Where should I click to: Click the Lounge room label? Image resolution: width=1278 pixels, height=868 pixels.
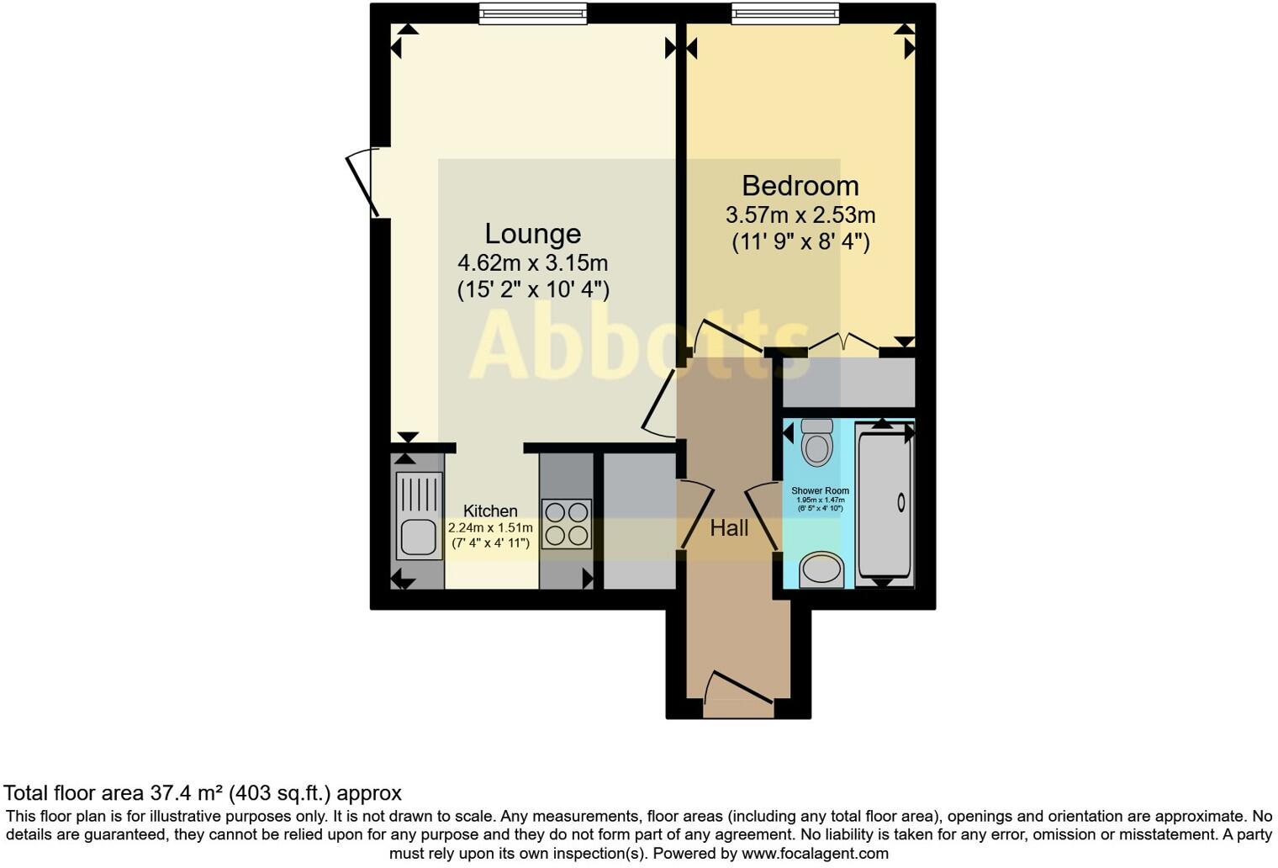pyautogui.click(x=532, y=234)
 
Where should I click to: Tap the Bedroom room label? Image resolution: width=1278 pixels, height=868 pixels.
pyautogui.click(x=800, y=186)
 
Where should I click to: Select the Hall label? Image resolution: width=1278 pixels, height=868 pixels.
pyautogui.click(x=729, y=528)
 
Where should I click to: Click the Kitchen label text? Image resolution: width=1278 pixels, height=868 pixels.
pyautogui.click(x=490, y=511)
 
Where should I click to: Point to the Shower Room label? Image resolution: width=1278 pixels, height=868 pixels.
pyautogui.click(x=820, y=490)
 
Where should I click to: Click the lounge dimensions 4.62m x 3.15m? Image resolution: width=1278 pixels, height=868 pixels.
pyautogui.click(x=532, y=262)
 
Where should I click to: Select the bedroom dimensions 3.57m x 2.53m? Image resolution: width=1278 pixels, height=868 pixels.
pyautogui.click(x=800, y=215)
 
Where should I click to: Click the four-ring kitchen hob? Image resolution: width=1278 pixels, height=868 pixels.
pyautogui.click(x=566, y=524)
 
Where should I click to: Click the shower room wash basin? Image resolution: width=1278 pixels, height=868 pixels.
pyautogui.click(x=821, y=570)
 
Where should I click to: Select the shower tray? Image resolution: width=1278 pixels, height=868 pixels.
pyautogui.click(x=884, y=503)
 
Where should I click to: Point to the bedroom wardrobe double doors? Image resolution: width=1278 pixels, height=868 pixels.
pyautogui.click(x=843, y=343)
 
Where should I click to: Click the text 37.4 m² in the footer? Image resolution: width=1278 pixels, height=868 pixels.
pyautogui.click(x=187, y=793)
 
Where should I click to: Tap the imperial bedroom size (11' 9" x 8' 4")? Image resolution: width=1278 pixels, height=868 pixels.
pyautogui.click(x=800, y=243)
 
